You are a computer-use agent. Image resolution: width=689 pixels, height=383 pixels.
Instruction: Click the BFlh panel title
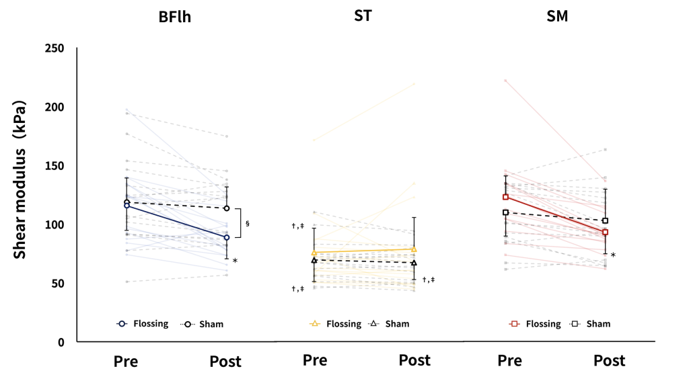point(174,17)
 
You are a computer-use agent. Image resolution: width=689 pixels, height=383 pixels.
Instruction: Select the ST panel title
point(363,15)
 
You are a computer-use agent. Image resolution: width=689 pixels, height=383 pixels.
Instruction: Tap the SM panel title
point(556,16)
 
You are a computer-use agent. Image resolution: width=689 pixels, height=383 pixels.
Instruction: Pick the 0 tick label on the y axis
point(61,342)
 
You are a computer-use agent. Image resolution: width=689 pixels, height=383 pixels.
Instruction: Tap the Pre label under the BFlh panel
point(125,361)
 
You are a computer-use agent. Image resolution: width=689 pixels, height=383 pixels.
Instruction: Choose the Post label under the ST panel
point(414,360)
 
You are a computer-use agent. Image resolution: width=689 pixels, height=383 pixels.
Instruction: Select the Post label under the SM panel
point(609,361)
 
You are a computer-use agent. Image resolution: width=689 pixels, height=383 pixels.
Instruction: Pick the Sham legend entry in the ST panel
point(397,324)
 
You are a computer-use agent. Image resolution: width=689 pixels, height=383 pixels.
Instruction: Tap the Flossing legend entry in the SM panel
point(542,324)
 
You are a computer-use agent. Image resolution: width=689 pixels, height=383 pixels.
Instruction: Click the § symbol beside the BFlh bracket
point(248,223)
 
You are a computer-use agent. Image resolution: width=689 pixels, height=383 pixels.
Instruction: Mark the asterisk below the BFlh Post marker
point(235,261)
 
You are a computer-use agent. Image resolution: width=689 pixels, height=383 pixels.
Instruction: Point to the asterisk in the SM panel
point(613,255)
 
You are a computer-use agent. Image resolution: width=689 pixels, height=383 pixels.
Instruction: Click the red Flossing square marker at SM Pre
point(505,197)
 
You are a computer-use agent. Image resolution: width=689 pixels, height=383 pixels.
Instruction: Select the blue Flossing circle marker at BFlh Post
point(227,237)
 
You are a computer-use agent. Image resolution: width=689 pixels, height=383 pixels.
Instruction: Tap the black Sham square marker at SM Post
point(605,220)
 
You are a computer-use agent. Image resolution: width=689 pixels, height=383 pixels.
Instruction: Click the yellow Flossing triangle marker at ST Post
point(413,249)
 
